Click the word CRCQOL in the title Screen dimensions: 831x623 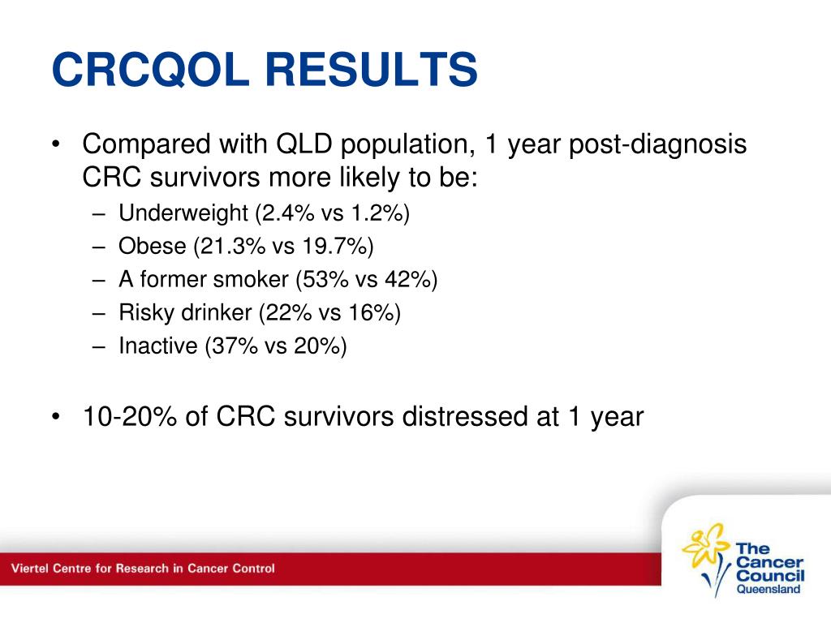pyautogui.click(x=150, y=70)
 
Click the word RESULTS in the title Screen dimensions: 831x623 pyautogui.click(x=372, y=69)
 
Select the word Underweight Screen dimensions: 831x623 pyautogui.click(x=183, y=213)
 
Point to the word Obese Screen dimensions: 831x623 pyautogui.click(x=153, y=246)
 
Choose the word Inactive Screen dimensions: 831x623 pyautogui.click(x=158, y=346)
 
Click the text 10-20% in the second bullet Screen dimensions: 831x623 pyautogui.click(x=130, y=416)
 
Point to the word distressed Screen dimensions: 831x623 pyautogui.click(x=465, y=416)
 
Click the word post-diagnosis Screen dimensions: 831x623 pyautogui.click(x=657, y=144)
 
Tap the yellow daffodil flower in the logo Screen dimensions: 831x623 pyautogui.click(x=704, y=544)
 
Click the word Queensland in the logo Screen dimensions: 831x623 pyautogui.click(x=769, y=589)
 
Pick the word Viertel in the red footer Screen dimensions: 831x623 pyautogui.click(x=30, y=569)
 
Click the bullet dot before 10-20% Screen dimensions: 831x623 pyautogui.click(x=56, y=417)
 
